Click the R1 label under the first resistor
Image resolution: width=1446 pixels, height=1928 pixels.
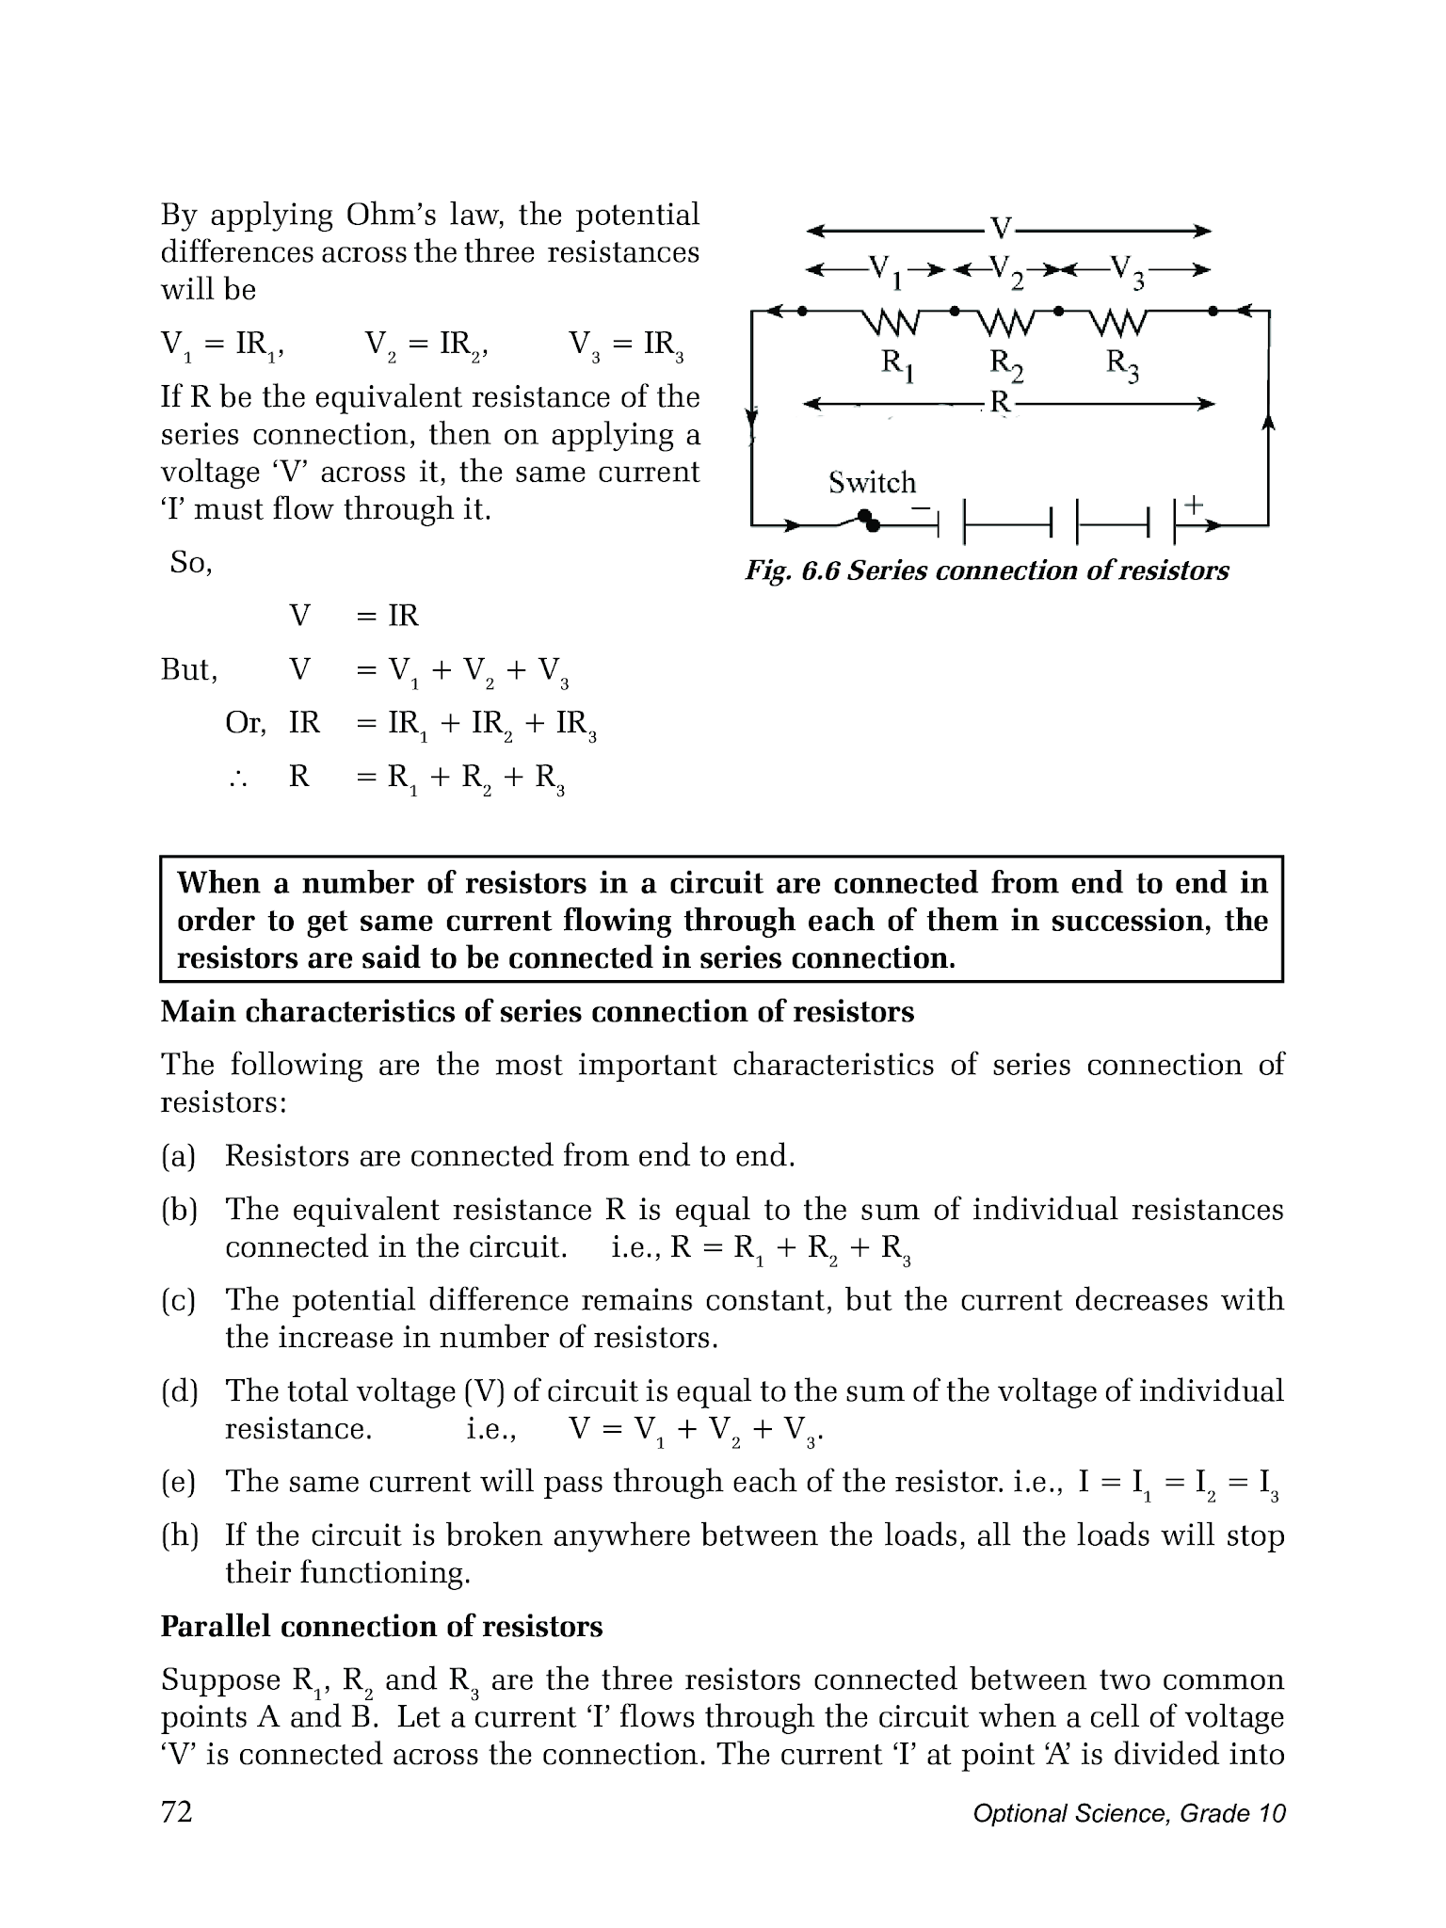coord(897,364)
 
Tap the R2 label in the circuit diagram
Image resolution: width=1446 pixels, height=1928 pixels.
coord(1006,364)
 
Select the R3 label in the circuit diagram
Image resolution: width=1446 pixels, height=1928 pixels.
coord(1122,364)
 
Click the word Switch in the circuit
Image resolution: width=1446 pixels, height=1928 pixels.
coord(872,483)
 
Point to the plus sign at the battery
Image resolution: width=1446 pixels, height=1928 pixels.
coord(1193,505)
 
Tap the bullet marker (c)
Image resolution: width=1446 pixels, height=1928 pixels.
coord(178,1301)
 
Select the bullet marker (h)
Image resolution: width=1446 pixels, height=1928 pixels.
coord(179,1536)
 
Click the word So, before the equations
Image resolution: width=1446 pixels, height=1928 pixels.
coord(191,563)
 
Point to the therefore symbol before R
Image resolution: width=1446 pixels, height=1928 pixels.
coord(237,778)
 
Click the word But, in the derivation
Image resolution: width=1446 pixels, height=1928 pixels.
coord(189,670)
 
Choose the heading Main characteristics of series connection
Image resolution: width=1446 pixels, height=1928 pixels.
coord(537,1012)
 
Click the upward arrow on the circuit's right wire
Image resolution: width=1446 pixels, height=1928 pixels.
coord(1268,426)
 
